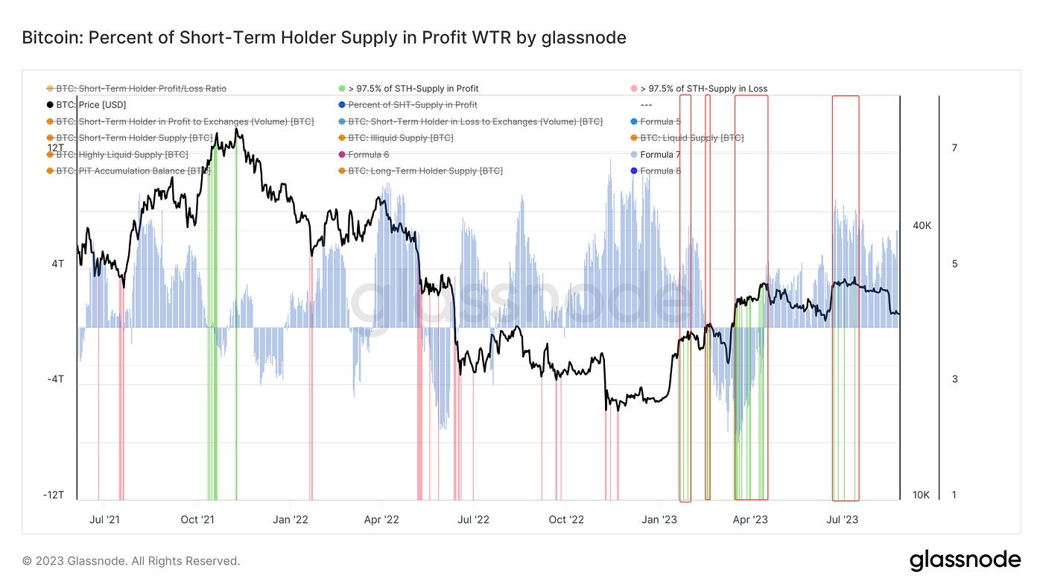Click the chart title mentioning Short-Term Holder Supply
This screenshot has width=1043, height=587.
click(324, 37)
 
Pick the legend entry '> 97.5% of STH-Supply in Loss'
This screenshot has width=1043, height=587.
click(703, 89)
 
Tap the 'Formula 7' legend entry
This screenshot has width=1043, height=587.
click(660, 155)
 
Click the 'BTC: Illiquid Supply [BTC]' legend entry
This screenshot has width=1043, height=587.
click(400, 138)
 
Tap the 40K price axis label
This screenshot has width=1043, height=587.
click(922, 226)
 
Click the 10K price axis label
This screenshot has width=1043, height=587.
click(922, 495)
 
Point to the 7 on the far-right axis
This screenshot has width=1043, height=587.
click(954, 148)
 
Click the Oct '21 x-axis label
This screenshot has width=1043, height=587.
click(199, 519)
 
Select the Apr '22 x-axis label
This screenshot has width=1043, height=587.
click(382, 519)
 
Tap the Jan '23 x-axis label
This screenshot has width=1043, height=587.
click(660, 519)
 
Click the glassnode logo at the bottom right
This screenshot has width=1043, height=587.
click(965, 560)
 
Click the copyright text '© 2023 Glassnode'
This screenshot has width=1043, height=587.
click(131, 561)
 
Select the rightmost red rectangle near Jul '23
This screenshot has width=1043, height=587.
click(846, 298)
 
